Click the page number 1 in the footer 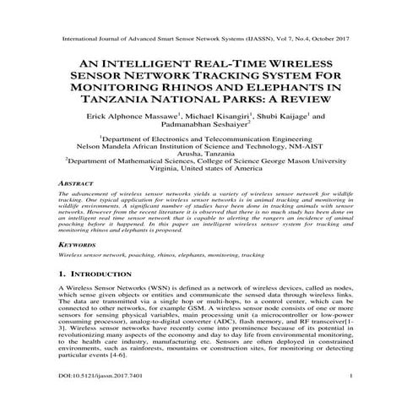coord(350,398)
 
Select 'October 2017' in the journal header coord(323,39)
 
